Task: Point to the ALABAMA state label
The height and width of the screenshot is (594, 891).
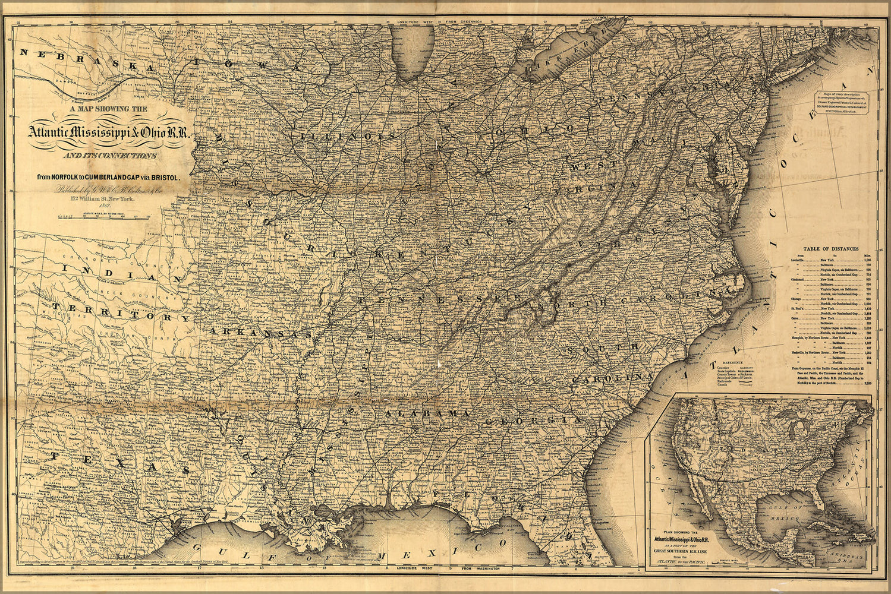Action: pos(428,413)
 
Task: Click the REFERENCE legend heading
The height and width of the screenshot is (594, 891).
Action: pos(732,362)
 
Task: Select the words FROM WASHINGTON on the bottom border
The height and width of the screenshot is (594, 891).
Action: pos(481,569)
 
